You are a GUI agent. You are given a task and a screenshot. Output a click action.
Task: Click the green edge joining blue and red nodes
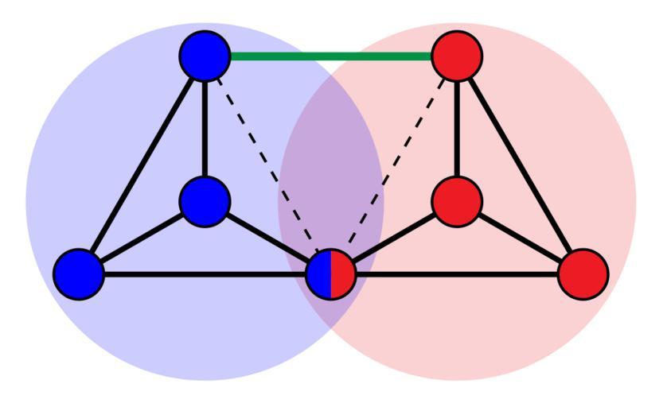point(331,56)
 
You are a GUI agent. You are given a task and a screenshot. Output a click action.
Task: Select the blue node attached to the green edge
point(205,56)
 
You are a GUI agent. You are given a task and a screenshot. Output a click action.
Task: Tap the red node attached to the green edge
point(457,56)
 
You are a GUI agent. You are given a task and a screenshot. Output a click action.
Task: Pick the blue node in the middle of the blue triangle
point(205,201)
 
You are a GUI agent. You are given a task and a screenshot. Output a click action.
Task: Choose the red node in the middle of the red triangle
point(457,201)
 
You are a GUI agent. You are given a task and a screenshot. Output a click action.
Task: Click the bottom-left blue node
point(79,274)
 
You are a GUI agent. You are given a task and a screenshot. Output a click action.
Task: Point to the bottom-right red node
point(583,274)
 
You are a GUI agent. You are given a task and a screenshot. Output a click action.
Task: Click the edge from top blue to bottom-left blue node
point(142,165)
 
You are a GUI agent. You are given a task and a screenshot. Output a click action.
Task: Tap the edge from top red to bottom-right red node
point(520,165)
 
